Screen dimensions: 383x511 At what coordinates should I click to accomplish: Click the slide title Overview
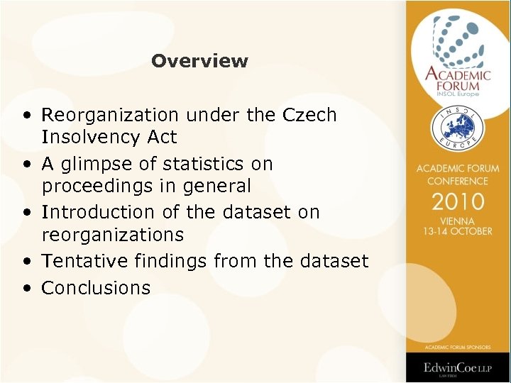pos(199,61)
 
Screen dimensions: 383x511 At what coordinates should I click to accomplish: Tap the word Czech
pos(309,115)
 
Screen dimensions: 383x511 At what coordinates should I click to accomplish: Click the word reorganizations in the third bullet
pos(113,235)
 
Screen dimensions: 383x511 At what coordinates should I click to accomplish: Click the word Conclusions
pos(96,288)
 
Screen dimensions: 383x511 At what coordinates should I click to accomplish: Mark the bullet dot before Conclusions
pos(26,289)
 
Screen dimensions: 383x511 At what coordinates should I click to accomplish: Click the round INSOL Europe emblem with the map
pos(458,128)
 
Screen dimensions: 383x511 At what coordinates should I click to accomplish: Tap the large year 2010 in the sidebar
pos(458,201)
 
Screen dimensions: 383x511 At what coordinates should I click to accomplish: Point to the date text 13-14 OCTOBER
pos(458,231)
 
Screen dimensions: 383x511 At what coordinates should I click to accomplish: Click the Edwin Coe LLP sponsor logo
pos(458,367)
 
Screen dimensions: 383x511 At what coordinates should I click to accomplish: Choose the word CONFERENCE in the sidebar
pos(458,181)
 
